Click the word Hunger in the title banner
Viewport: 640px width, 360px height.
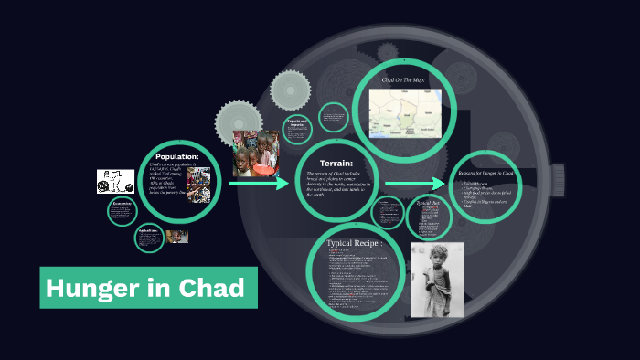pyautogui.click(x=94, y=289)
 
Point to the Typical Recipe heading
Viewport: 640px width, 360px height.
pyautogui.click(x=363, y=245)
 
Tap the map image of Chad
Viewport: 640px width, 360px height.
pyautogui.click(x=404, y=111)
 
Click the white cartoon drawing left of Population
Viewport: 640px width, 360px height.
pyautogui.click(x=116, y=181)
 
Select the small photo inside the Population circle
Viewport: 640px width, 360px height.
pyautogui.click(x=198, y=181)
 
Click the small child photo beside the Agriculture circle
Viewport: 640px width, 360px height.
pyautogui.click(x=177, y=236)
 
